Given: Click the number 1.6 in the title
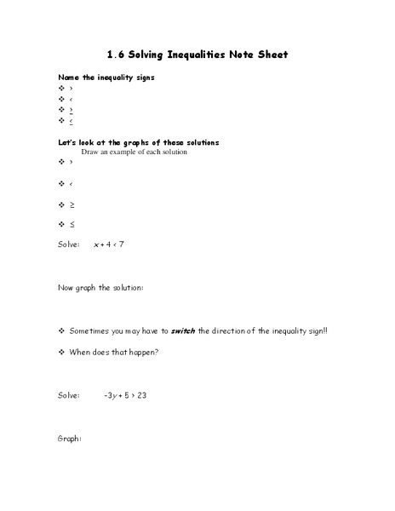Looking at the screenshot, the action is pos(116,55).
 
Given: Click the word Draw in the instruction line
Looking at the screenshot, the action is pos(90,152).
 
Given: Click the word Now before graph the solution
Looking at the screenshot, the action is pos(66,288).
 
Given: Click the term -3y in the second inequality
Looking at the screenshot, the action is pos(109,395).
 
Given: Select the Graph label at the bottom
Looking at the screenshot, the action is pos(69,439).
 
